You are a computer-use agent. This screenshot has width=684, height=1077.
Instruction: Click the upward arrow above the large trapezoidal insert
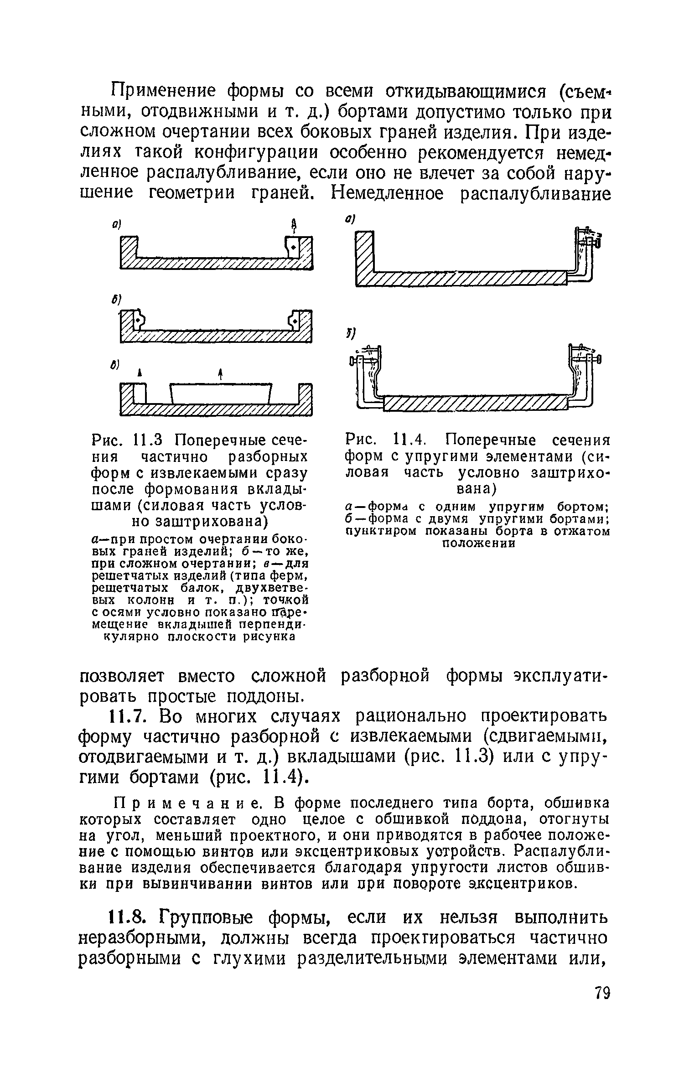point(220,375)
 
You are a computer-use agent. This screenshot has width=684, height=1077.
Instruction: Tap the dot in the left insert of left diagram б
point(136,321)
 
